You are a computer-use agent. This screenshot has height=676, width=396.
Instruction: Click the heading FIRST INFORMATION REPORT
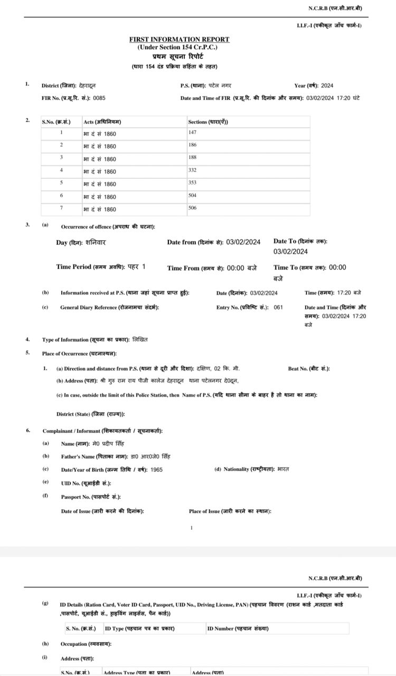pos(180,40)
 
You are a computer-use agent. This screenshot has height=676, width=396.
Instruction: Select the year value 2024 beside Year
pos(327,85)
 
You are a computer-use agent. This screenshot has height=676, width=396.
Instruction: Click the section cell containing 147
pos(192,132)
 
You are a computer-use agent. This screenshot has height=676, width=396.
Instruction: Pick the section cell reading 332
pos(192,170)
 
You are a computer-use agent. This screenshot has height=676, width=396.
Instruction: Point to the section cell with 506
pos(192,208)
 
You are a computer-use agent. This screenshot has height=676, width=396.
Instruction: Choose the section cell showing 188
pos(192,158)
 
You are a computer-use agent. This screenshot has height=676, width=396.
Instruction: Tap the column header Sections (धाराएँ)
pos(208,122)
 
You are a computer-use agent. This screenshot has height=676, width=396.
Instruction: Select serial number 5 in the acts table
pos(61,183)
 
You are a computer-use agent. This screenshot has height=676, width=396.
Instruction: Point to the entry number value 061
pos(278,307)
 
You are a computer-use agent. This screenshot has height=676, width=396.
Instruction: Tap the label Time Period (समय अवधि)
pos(90,267)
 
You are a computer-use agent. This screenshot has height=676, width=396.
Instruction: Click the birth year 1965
pos(156,469)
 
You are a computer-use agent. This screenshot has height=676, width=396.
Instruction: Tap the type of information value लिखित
pos(140,339)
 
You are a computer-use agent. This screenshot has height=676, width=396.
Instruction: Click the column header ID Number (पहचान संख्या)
pos(238,629)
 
